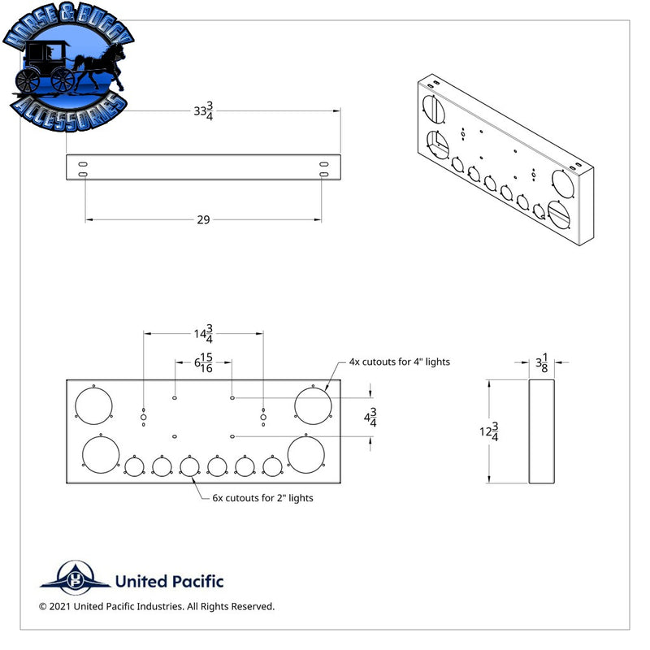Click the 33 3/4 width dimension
(x=204, y=111)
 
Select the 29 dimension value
(x=203, y=219)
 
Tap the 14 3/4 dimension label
(x=204, y=334)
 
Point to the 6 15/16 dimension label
(x=204, y=362)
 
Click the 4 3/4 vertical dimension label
(x=370, y=418)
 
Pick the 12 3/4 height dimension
(x=489, y=431)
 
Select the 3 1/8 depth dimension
(x=542, y=362)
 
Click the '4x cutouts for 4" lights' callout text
(x=399, y=362)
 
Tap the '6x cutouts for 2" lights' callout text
(x=262, y=498)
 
